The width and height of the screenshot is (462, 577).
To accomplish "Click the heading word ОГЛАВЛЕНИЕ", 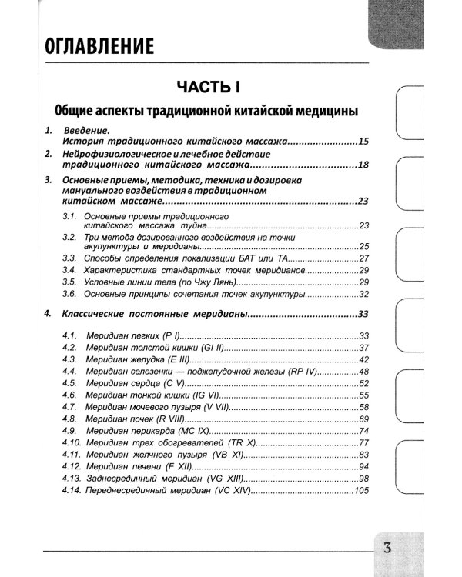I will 99,47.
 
